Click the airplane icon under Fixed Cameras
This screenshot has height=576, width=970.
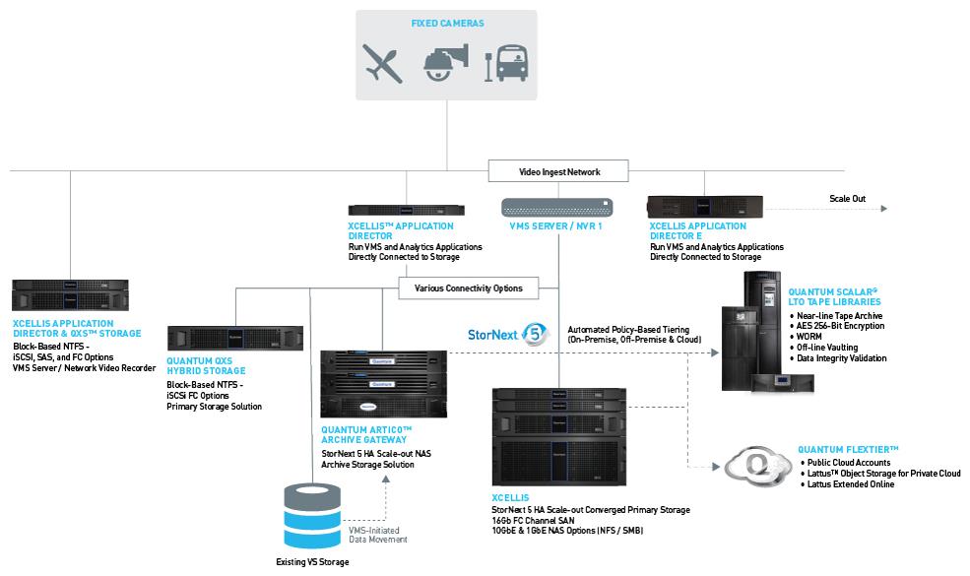point(382,63)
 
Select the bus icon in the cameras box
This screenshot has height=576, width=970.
point(506,63)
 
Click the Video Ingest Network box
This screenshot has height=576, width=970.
point(558,171)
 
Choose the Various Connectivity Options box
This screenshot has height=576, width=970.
point(469,288)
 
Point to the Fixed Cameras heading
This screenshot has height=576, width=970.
point(447,24)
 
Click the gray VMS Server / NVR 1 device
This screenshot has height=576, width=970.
point(556,207)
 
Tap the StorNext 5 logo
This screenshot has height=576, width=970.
point(508,335)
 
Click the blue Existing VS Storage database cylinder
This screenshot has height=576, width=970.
point(312,516)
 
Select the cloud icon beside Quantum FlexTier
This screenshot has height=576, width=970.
point(758,466)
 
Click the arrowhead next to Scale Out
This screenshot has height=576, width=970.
point(884,209)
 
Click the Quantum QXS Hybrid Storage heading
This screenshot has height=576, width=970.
point(206,365)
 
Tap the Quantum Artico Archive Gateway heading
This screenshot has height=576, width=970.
point(366,435)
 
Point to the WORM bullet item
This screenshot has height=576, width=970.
point(806,337)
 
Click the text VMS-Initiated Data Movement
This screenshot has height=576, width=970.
point(377,536)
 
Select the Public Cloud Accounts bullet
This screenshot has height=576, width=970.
point(845,463)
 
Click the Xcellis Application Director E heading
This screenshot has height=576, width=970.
point(698,230)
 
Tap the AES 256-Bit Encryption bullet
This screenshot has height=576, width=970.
point(837,326)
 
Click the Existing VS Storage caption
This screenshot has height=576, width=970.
point(312,562)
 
